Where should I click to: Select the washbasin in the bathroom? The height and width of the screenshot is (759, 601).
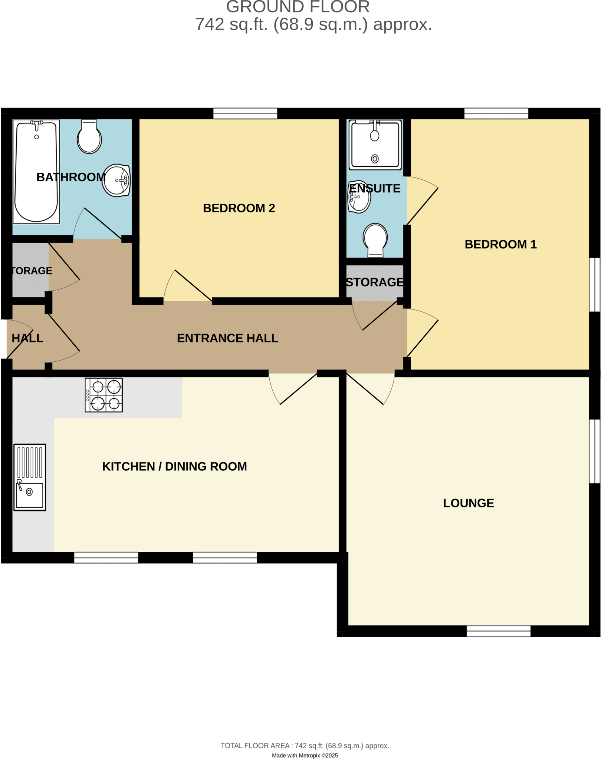116,180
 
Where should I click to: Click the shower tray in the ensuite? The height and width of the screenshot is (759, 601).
375,145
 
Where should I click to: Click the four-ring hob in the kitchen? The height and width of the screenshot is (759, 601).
104,395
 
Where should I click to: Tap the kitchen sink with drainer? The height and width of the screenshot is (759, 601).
30,477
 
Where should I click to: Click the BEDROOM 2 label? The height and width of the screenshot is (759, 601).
239,208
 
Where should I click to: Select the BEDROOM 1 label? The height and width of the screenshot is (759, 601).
500,245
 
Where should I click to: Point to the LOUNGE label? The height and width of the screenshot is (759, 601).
469,503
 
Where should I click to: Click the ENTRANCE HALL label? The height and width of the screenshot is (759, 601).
227,338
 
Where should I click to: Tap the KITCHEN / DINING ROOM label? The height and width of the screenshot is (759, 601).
174,467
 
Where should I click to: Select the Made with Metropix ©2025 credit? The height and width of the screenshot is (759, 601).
305,755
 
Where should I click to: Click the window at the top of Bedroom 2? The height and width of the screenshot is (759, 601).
245,113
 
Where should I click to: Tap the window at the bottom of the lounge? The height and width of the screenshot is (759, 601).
498,631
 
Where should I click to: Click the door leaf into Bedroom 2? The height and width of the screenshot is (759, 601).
193,285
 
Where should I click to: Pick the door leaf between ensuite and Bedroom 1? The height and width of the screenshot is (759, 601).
423,206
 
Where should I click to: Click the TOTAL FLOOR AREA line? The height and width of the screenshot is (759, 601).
305,746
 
